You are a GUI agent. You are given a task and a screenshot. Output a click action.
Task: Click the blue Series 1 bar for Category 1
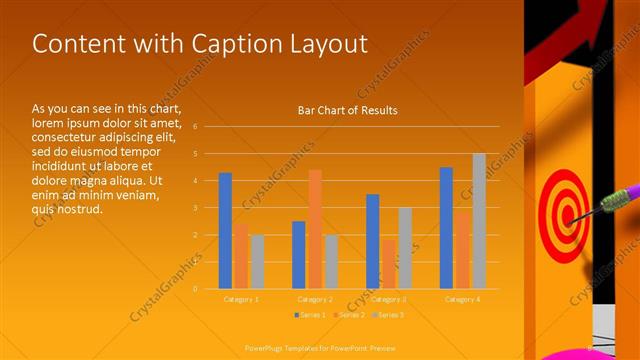(x=225, y=231)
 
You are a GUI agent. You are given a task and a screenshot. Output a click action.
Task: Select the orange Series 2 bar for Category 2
(x=315, y=229)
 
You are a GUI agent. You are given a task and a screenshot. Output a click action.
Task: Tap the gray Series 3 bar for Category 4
(x=479, y=221)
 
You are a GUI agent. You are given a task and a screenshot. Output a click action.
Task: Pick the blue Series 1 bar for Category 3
(x=372, y=241)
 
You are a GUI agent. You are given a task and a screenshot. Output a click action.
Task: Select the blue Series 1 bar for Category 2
(x=298, y=255)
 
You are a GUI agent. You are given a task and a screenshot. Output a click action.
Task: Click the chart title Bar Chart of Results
(x=347, y=110)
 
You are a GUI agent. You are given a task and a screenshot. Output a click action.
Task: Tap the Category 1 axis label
(x=241, y=299)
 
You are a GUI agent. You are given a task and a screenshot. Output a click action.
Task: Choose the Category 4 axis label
(x=462, y=299)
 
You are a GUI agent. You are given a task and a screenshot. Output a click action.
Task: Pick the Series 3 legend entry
(x=389, y=315)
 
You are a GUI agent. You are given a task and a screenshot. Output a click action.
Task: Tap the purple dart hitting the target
(x=618, y=198)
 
